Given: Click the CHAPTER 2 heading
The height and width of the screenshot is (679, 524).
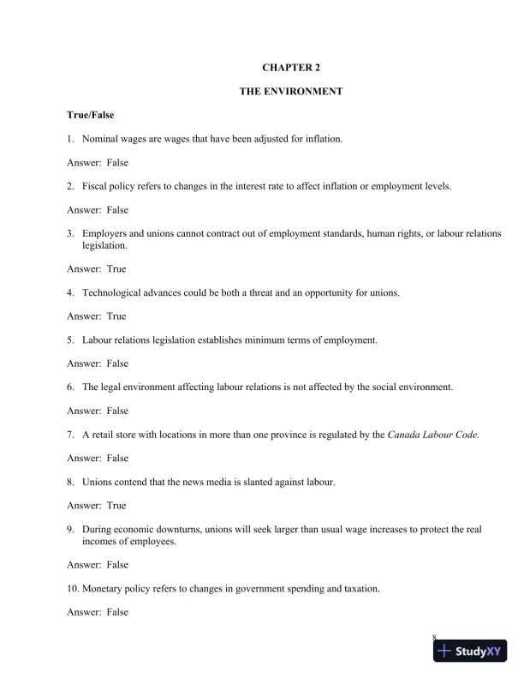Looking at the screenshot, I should coord(291,67).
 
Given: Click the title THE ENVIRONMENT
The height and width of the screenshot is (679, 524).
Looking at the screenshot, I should coord(291,91).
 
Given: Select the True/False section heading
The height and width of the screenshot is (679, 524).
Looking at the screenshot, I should coord(91,114).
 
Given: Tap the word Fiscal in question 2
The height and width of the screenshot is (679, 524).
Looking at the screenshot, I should coord(96,186).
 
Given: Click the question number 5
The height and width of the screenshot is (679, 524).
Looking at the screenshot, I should coord(70,340).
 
